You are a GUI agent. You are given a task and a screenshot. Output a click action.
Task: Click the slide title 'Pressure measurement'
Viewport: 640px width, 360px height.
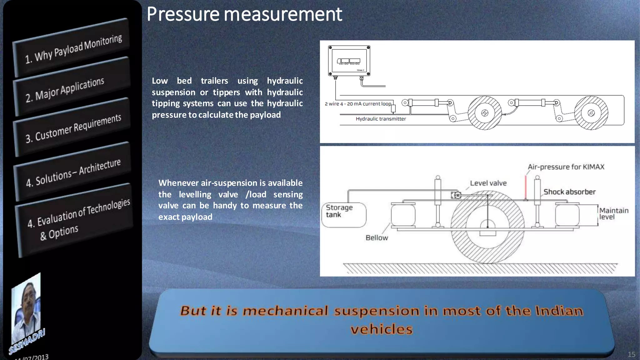[244, 14]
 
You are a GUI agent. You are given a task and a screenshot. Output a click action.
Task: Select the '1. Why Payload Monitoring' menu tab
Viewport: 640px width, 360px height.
[73, 48]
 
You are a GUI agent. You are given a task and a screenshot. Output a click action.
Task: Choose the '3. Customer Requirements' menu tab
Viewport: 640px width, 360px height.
[73, 128]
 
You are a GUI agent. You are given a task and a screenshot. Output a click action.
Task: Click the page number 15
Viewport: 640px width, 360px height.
[631, 354]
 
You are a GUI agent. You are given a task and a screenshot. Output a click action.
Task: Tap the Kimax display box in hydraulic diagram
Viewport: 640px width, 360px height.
[349, 61]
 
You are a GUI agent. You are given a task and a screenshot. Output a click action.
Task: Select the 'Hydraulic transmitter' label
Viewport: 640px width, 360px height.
[381, 119]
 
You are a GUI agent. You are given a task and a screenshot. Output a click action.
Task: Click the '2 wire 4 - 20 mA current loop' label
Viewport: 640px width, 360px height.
[357, 104]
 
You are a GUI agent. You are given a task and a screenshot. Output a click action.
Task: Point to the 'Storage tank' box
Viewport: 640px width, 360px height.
[343, 215]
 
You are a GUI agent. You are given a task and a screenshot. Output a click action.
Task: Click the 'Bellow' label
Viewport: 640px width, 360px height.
[377, 238]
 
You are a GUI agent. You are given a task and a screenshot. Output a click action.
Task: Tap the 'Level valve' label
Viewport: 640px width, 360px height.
[488, 183]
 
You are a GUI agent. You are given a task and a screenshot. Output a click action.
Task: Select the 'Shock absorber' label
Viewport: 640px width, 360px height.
[569, 192]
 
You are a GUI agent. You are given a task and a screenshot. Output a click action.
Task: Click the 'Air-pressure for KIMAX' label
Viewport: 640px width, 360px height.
[566, 167]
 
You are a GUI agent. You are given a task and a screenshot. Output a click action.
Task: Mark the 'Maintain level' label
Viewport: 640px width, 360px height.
[613, 214]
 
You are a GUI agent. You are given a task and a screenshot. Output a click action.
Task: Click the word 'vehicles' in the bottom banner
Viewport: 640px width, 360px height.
[381, 329]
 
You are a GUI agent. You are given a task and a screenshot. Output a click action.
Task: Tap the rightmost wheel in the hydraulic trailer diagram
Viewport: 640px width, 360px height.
[591, 113]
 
